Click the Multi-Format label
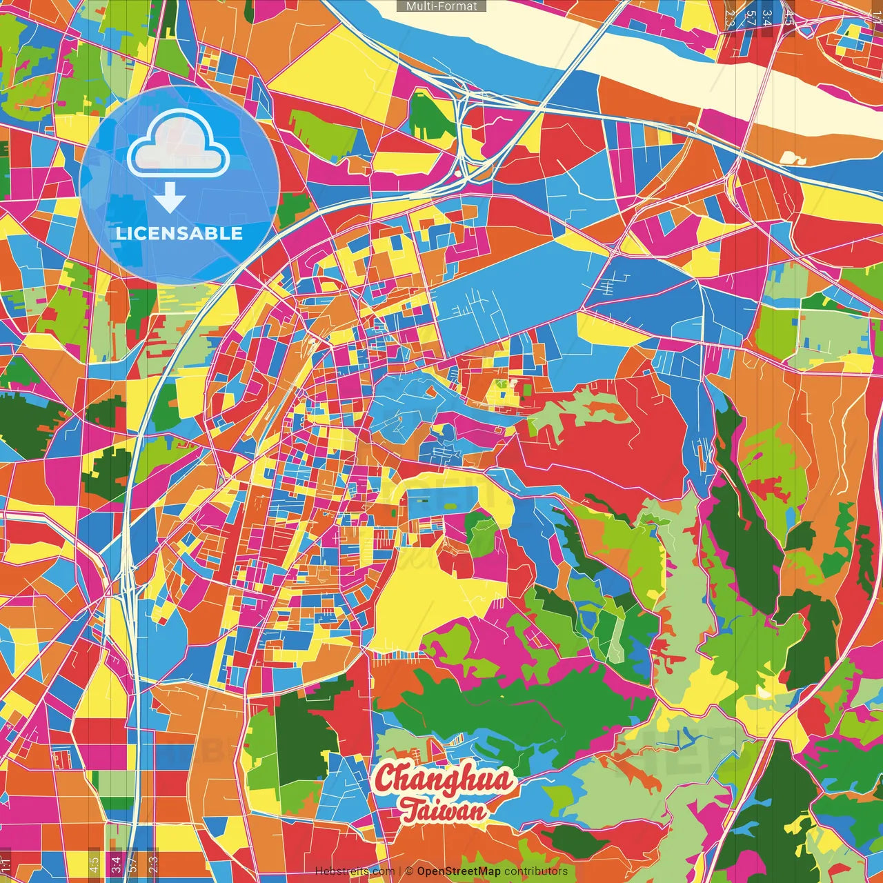click(441, 6)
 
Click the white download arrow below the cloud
click(170, 199)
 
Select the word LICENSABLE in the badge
click(179, 233)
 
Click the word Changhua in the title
click(444, 780)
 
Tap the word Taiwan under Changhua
click(444, 810)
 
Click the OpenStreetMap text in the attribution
click(459, 871)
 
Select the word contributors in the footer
click(536, 871)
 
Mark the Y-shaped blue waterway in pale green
click(683, 740)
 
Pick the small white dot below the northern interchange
click(457, 174)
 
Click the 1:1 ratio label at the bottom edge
click(6, 863)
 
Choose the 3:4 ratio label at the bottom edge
click(116, 863)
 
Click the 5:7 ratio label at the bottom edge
click(133, 863)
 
